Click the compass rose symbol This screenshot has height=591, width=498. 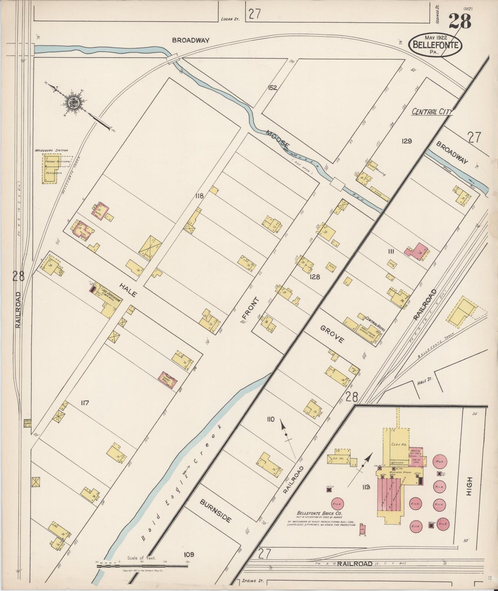click(74, 103)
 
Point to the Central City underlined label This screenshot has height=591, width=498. click(431, 112)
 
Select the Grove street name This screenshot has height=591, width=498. click(332, 334)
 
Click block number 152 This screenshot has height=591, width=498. click(272, 88)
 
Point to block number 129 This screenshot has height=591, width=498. click(407, 141)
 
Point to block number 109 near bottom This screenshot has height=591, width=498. click(189, 554)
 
